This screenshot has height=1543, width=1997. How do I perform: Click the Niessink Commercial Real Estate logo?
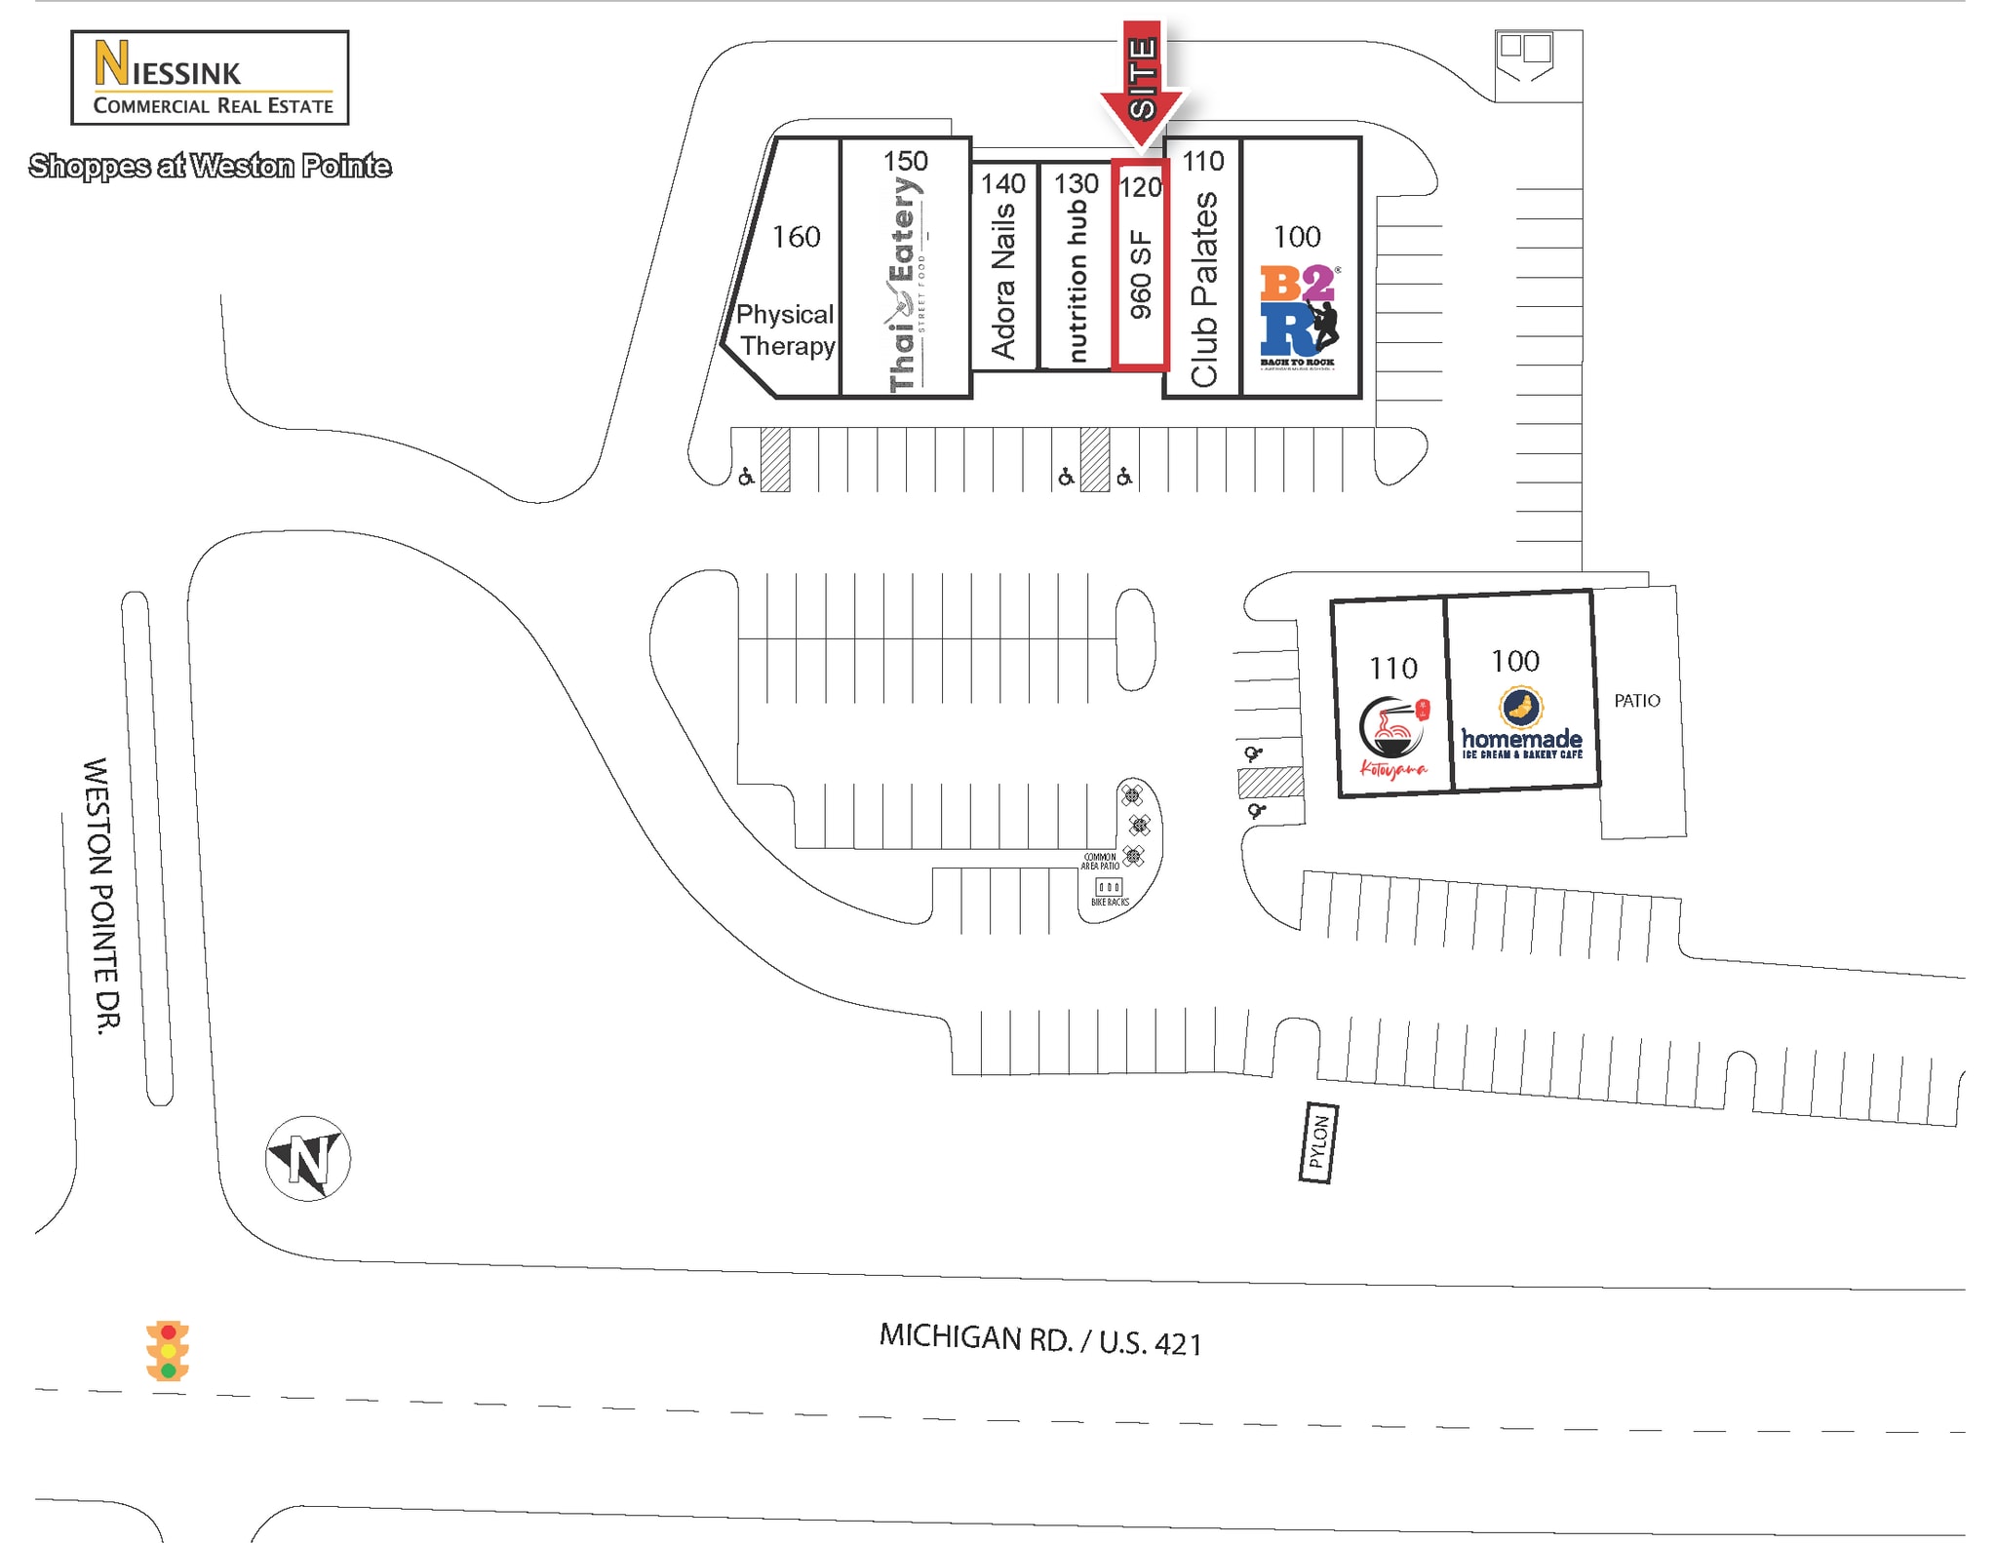pyautogui.click(x=210, y=78)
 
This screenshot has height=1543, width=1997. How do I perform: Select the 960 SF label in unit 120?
pyautogui.click(x=1140, y=275)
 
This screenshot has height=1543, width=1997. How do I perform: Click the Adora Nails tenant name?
pyautogui.click(x=1003, y=281)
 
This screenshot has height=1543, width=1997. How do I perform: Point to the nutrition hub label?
pyautogui.click(x=1076, y=281)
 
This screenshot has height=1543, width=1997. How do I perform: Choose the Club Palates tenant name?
pyautogui.click(x=1204, y=289)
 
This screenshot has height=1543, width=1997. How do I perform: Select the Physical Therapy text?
pyautogui.click(x=786, y=329)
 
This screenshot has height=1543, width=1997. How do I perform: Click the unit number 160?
pyautogui.click(x=796, y=237)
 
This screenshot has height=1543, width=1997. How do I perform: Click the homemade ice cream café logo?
pyautogui.click(x=1521, y=724)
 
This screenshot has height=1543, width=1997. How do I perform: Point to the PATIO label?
pyautogui.click(x=1636, y=701)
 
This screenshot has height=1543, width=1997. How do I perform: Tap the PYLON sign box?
pyautogui.click(x=1318, y=1142)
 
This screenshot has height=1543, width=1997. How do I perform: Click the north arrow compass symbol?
pyautogui.click(x=308, y=1158)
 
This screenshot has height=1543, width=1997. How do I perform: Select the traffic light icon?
pyautogui.click(x=168, y=1351)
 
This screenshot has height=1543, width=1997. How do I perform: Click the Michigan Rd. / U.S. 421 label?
pyautogui.click(x=1039, y=1340)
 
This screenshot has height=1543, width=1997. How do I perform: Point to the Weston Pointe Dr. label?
pyautogui.click(x=101, y=894)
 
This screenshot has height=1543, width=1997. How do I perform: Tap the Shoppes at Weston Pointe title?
pyautogui.click(x=210, y=167)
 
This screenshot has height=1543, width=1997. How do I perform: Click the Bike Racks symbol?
pyautogui.click(x=1109, y=888)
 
